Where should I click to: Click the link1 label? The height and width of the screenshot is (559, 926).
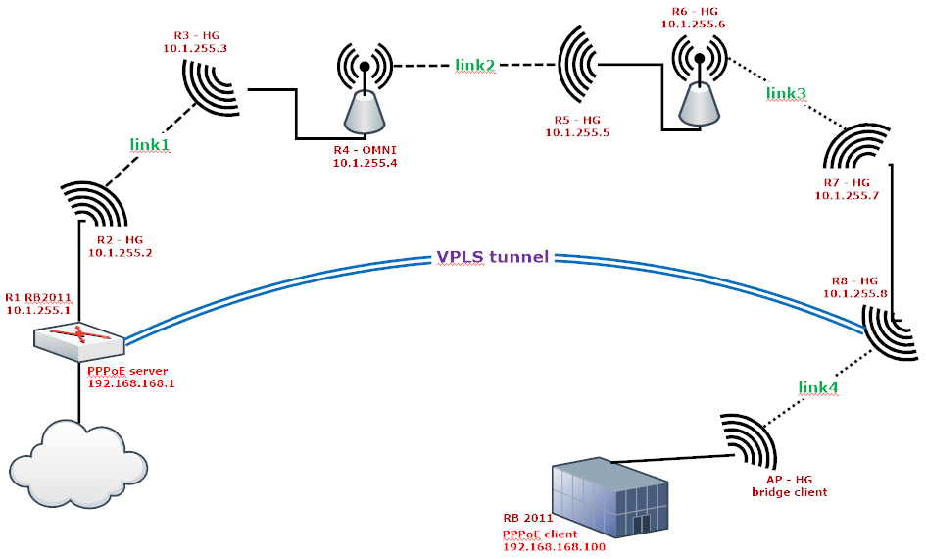150,144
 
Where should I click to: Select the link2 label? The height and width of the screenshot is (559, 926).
474,65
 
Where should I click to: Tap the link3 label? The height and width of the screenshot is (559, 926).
786,93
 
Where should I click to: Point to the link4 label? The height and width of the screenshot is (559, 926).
818,387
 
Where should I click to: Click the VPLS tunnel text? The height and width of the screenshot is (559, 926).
493,258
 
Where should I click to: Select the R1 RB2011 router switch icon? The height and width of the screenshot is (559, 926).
78,339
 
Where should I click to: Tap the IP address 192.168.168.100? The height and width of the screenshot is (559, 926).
553,545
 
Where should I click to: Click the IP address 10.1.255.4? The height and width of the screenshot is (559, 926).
365,162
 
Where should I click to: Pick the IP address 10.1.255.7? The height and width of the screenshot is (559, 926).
847,195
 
